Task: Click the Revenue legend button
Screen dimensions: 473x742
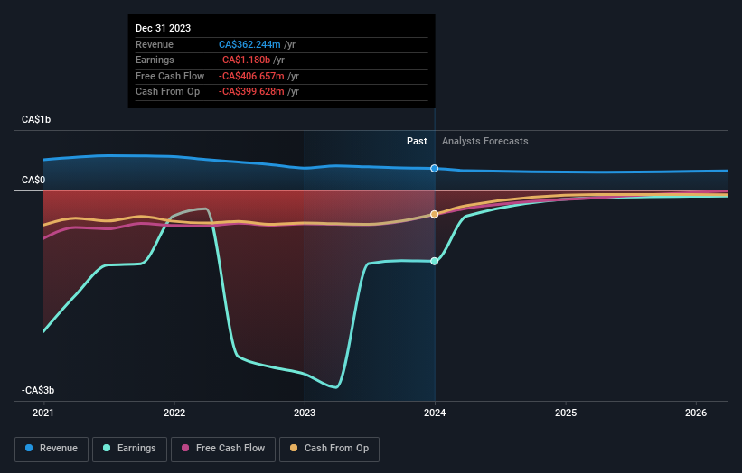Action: click(x=52, y=449)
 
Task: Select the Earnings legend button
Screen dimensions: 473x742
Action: click(x=129, y=449)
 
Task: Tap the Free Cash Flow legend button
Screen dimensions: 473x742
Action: click(x=224, y=449)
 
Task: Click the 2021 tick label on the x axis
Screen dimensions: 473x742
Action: click(x=43, y=413)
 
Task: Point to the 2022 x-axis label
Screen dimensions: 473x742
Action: click(x=174, y=413)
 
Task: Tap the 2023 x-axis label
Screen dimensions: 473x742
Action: click(x=305, y=413)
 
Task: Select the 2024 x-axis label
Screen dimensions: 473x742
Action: click(x=435, y=413)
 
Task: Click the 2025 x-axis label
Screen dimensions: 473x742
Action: click(x=566, y=413)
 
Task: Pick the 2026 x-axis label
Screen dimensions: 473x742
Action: click(x=696, y=413)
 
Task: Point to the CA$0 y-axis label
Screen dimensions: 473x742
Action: click(x=34, y=181)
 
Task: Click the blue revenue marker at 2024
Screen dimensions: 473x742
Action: click(x=435, y=169)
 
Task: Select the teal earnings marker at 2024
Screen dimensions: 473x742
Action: click(x=435, y=262)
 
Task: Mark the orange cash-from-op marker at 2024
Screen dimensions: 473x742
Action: click(x=435, y=214)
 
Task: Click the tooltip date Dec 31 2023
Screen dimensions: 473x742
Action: click(x=164, y=28)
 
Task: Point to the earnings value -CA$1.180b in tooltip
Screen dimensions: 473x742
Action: click(x=245, y=60)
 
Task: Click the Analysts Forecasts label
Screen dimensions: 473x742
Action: click(x=484, y=141)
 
